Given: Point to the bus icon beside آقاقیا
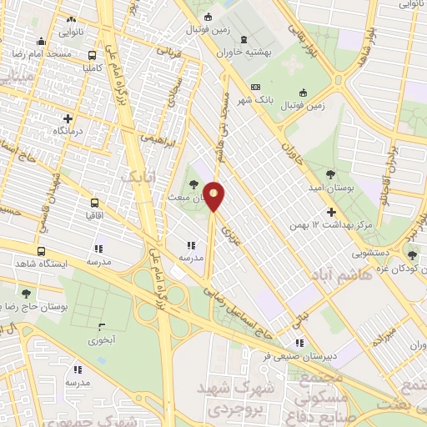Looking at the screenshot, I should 94,203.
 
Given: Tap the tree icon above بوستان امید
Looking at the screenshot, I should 331,174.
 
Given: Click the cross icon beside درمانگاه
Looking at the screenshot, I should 68,118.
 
